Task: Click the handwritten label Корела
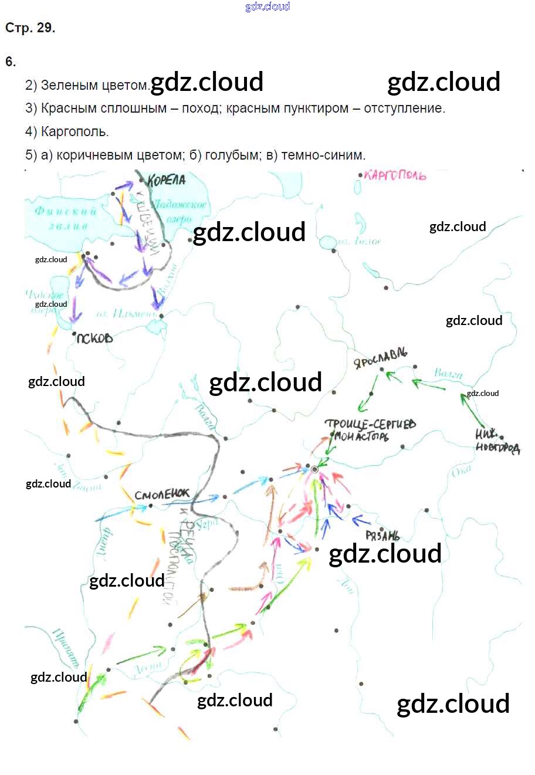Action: pyautogui.click(x=167, y=180)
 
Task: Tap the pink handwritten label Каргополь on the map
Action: pyautogui.click(x=395, y=175)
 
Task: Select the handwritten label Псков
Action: pyautogui.click(x=94, y=339)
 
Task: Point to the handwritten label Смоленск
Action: pyautogui.click(x=162, y=495)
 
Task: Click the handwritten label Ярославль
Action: pyautogui.click(x=381, y=357)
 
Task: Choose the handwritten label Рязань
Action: pyautogui.click(x=382, y=536)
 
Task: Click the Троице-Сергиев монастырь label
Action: pyautogui.click(x=370, y=429)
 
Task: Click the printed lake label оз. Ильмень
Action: pyautogui.click(x=127, y=314)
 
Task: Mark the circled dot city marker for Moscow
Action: pyautogui.click(x=314, y=469)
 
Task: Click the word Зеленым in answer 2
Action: pyautogui.click(x=69, y=85)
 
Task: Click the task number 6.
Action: pyautogui.click(x=10, y=62)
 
